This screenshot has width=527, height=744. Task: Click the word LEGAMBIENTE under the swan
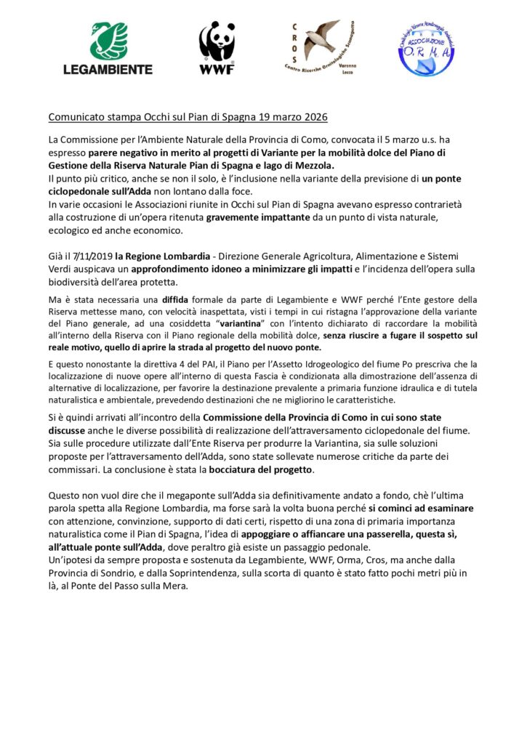tap(108, 70)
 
